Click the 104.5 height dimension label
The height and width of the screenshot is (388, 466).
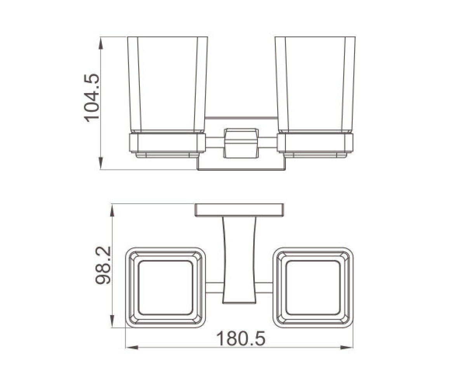point(92,98)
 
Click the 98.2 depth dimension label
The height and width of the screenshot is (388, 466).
point(103,265)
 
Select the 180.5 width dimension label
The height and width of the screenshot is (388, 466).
point(241,338)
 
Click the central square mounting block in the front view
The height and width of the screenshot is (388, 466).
point(241,143)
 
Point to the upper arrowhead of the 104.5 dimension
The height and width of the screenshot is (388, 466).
point(101,44)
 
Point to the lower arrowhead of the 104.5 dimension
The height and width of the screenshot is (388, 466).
point(101,163)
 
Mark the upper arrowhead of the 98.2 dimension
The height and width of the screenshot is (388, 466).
point(112,211)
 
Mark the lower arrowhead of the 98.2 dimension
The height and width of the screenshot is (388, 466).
point(112,321)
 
